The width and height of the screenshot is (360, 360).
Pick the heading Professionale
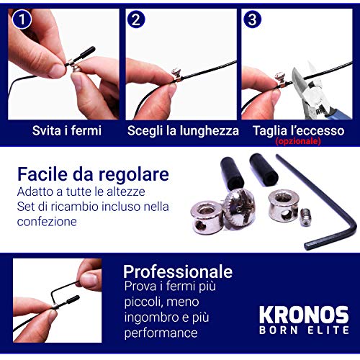click(x=177, y=271)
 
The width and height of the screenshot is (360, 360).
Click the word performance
click(x=160, y=333)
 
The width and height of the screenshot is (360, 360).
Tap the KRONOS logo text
click(x=303, y=315)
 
